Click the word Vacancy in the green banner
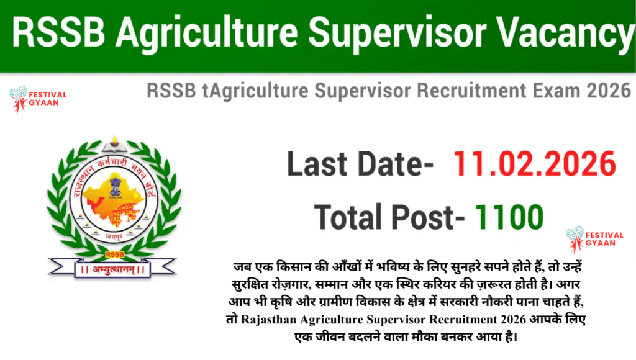pos(564,34)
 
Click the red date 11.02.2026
pos(534,164)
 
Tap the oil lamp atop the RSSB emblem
pos(114,139)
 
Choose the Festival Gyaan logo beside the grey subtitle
pos(37,100)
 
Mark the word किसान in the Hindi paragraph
pos(277,266)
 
